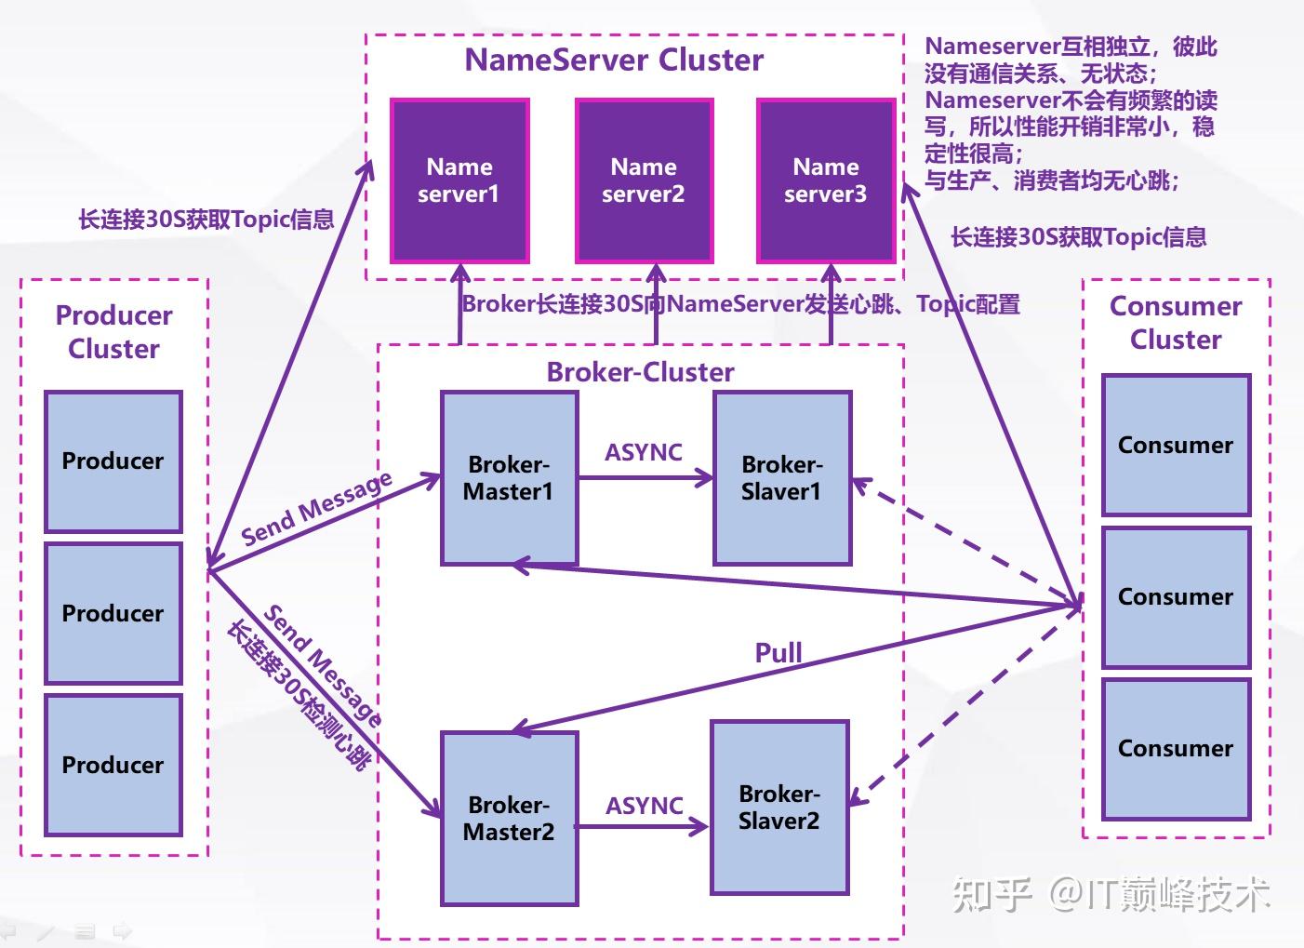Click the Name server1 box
(459, 180)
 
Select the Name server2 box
(644, 180)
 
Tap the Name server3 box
(826, 180)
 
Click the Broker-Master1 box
(509, 478)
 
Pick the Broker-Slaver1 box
(782, 478)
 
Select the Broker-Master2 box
(509, 819)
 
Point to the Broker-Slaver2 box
(779, 808)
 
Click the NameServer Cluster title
(614, 60)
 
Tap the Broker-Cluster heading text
(640, 372)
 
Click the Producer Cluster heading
(113, 332)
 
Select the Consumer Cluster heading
(1176, 323)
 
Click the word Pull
(778, 653)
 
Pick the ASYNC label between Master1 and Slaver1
(644, 452)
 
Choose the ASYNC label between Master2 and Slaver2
(645, 806)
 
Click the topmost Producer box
(113, 461)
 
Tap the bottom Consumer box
(1176, 749)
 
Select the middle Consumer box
(1176, 597)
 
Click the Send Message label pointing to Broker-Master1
(316, 509)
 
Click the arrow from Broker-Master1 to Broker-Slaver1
(645, 478)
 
